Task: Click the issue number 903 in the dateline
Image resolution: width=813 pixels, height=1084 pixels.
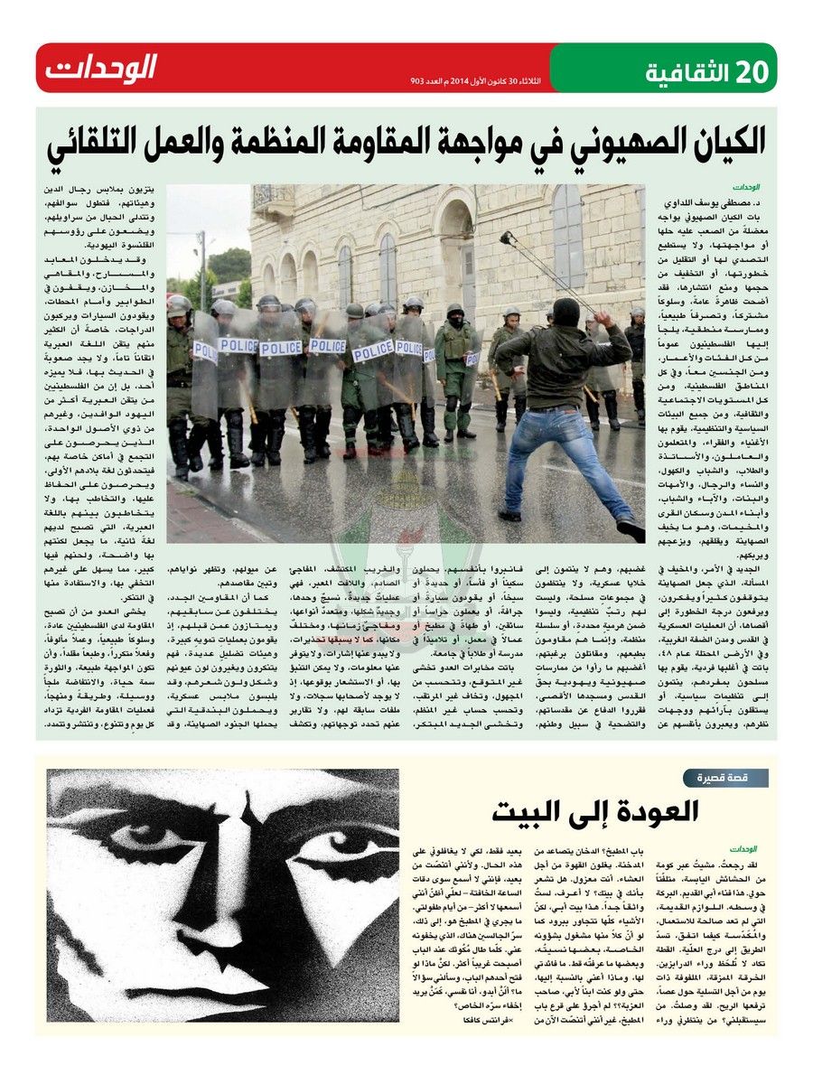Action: click(418, 82)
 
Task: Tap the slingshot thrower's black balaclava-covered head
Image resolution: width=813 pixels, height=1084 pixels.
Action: click(566, 313)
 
